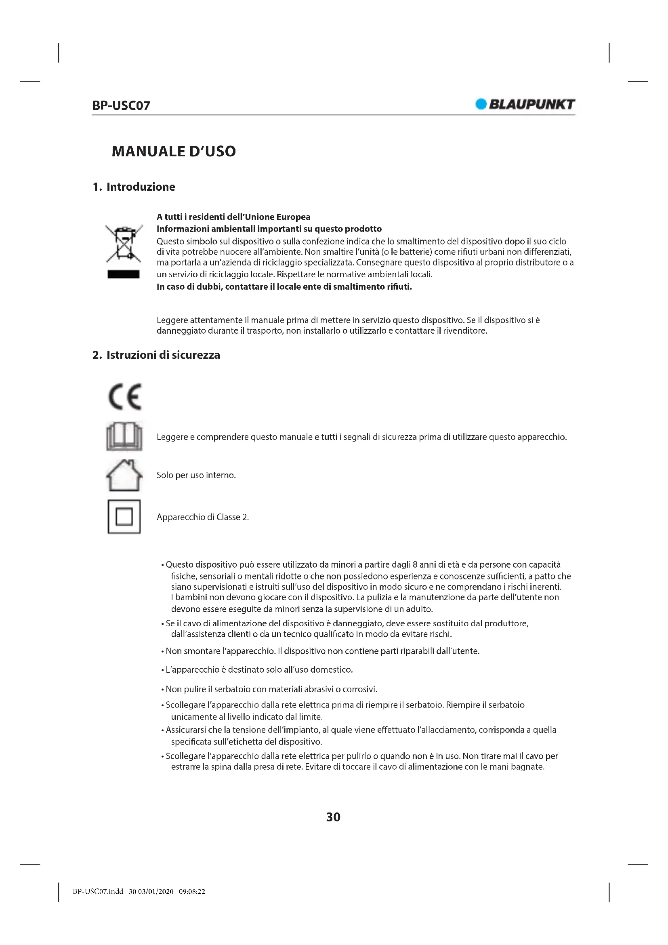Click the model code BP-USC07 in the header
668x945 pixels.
coord(121,105)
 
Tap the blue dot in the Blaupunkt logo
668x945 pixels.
coord(481,104)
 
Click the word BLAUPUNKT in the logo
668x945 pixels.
coord(532,104)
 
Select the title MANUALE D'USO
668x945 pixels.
coord(174,151)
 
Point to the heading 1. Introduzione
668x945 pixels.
coord(134,187)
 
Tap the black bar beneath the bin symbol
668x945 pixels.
coord(124,274)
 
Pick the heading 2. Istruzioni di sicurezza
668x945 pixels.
coord(156,355)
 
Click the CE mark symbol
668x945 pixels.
coord(125,396)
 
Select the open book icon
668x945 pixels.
coord(124,436)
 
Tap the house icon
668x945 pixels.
coord(124,476)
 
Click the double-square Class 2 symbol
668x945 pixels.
coord(124,517)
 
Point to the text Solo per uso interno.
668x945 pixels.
coord(196,476)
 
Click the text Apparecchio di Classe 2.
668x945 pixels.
coord(202,518)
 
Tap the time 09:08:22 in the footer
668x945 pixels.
coord(192,892)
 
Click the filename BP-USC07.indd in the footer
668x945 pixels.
coord(98,892)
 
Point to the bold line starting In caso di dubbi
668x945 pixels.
coord(284,287)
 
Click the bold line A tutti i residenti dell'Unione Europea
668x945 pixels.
coord(233,217)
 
